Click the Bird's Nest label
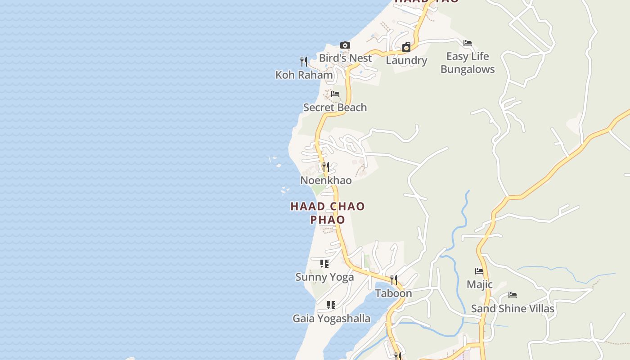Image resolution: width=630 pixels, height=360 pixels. [345, 58]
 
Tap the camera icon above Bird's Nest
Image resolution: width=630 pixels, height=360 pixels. [345, 45]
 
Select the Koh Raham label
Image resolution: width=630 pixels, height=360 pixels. [304, 75]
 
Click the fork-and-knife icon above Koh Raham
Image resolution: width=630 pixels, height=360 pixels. [304, 61]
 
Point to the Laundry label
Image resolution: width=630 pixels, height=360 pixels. [406, 60]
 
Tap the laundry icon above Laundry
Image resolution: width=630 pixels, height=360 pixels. [406, 47]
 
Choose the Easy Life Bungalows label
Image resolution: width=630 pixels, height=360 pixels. [468, 63]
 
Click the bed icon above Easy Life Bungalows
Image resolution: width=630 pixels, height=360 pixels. [468, 43]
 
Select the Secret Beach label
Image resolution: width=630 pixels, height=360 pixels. [335, 108]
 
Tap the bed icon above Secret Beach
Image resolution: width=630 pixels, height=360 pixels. [335, 94]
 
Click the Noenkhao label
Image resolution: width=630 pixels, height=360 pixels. [326, 180]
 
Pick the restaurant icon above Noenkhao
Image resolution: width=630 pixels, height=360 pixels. [326, 167]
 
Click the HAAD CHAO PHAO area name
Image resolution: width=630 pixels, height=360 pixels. [328, 213]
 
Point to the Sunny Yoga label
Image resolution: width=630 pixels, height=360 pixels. [324, 277]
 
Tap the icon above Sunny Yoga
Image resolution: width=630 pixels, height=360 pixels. [324, 264]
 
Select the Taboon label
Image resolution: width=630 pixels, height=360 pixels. [394, 293]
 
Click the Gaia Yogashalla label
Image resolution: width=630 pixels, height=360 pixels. [332, 319]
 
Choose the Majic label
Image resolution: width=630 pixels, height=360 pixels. [480, 284]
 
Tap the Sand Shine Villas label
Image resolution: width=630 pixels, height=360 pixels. [513, 309]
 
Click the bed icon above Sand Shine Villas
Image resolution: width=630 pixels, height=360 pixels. [513, 295]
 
